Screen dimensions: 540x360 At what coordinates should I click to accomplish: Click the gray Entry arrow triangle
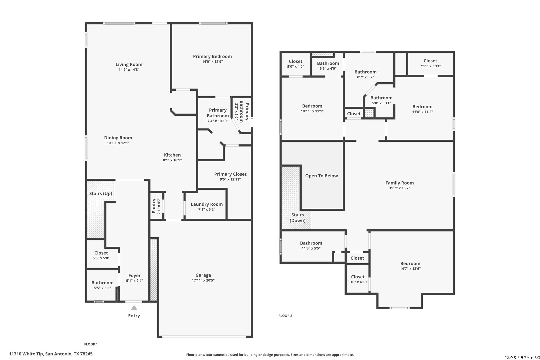[134, 308]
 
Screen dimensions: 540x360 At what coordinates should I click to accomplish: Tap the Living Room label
[129, 64]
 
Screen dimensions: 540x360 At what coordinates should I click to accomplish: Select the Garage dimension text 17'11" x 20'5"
[203, 280]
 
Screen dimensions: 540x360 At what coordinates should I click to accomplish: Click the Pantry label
[154, 206]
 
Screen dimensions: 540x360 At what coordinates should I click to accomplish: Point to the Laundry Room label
[207, 204]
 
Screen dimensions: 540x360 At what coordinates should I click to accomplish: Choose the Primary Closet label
[230, 174]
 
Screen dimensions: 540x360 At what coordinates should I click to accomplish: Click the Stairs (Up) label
[101, 193]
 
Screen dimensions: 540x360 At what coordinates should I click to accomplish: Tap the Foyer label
[135, 275]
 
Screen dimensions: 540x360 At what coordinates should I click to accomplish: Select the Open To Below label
[322, 176]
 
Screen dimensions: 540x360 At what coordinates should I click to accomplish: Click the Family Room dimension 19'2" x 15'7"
[400, 188]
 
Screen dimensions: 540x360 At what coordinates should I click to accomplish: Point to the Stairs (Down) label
[297, 217]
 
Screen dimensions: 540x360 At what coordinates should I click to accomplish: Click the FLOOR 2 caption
[285, 316]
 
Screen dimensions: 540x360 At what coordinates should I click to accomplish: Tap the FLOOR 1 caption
[91, 344]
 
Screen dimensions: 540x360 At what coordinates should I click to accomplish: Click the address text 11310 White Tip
[26, 354]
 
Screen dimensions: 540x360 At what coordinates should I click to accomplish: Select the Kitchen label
[172, 155]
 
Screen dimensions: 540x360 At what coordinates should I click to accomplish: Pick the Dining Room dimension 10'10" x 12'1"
[118, 143]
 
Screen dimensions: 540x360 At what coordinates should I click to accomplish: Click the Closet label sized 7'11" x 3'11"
[430, 61]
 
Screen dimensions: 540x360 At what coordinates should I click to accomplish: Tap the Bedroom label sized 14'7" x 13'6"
[410, 264]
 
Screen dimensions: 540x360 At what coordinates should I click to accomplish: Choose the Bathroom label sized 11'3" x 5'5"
[311, 243]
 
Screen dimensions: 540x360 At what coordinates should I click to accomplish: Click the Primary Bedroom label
[212, 56]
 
